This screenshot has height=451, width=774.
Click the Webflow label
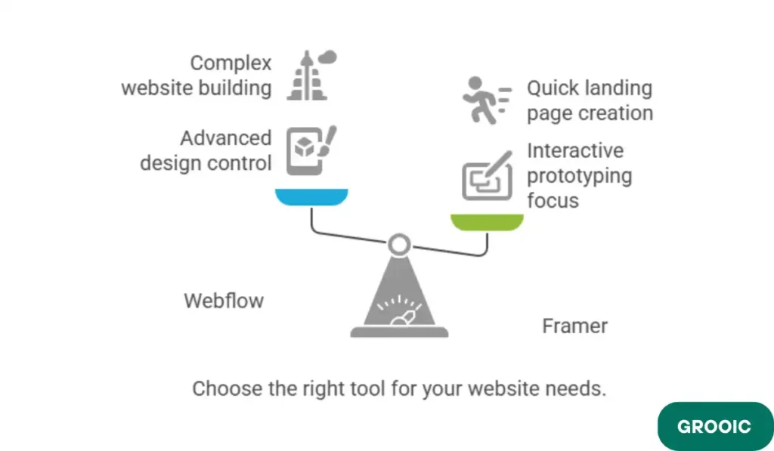point(224,301)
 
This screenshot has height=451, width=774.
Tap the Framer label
point(574,326)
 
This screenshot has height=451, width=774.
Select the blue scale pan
point(311,197)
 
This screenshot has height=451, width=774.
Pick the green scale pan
point(487,222)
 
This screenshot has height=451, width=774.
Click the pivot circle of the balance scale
point(399,243)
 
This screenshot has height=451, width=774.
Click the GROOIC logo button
point(714,426)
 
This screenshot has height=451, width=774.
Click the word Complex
point(231,63)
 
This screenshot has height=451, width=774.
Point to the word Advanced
point(225,138)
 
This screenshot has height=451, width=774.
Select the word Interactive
point(575,150)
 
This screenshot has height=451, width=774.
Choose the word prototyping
point(579,176)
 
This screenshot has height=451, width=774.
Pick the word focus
point(553,201)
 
